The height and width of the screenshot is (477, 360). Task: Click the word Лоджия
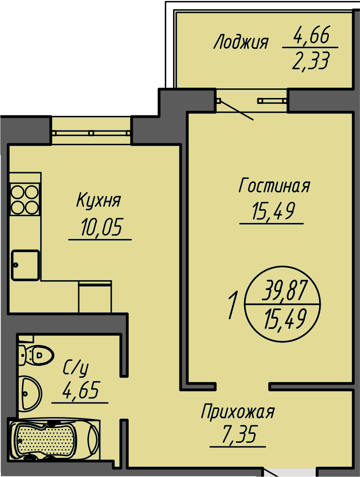coord(240,43)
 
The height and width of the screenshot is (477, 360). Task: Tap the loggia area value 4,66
coord(311,35)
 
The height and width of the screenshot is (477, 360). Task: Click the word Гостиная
coord(274,186)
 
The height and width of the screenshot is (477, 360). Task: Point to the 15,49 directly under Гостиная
coord(273,211)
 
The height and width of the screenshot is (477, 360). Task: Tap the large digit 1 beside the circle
coord(233,306)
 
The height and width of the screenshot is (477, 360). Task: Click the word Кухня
coord(98,201)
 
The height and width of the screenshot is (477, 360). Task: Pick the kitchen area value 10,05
coord(101,227)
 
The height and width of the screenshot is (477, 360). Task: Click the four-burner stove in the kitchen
coord(25,199)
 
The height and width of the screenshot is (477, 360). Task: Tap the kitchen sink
coord(25,265)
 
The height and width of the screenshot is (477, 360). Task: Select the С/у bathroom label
coord(76,367)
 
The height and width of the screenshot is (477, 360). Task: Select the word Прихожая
coord(238,412)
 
